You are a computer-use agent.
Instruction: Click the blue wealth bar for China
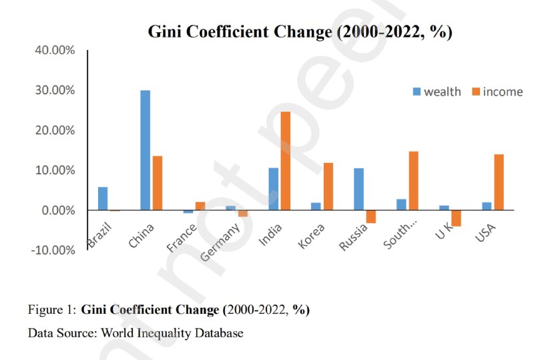pos(145,150)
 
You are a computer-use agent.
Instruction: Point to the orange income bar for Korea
pos(328,186)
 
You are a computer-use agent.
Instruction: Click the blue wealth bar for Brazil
pos(102,198)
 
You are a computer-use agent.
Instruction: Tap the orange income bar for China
pos(158,183)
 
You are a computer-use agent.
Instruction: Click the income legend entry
pos(496,92)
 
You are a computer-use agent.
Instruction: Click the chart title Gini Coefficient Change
pos(300,32)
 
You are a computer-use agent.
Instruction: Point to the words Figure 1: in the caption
pos(51,310)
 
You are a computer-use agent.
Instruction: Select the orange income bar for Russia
pos(371,216)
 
